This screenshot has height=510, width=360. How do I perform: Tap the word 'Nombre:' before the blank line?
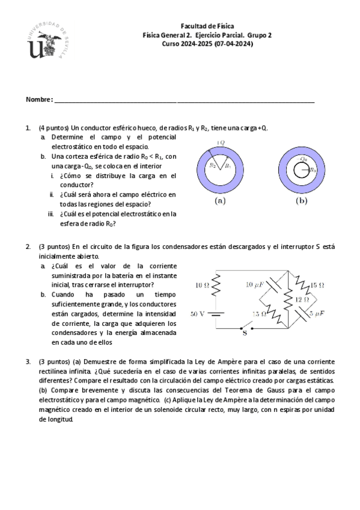[39, 99]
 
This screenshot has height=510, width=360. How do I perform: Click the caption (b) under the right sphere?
[301, 201]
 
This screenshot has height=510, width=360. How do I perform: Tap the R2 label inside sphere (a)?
[212, 165]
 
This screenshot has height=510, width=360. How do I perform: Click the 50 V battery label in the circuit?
[198, 313]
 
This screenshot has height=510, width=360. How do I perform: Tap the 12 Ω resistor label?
[301, 299]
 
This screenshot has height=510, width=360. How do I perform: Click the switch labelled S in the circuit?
[243, 331]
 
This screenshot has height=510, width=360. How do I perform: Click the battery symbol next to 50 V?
[218, 313]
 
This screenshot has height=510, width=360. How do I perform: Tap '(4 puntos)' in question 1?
[53, 128]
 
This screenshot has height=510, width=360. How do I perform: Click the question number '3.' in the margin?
[28, 361]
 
